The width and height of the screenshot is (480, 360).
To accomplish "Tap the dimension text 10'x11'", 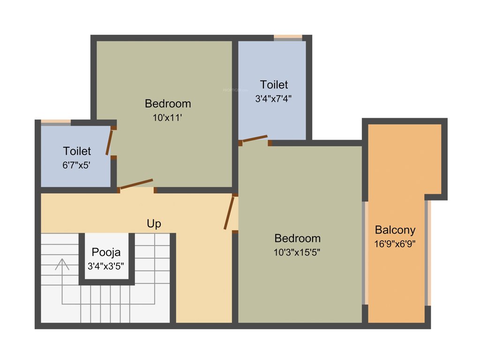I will [167, 118].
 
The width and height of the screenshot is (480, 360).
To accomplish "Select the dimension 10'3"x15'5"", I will [297, 252].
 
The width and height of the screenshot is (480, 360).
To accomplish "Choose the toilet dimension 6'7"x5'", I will [77, 165].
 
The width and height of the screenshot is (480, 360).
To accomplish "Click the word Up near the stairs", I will [154, 224].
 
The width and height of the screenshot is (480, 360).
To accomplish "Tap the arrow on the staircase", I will [62, 264].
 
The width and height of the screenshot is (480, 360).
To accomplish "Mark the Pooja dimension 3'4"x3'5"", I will [106, 265].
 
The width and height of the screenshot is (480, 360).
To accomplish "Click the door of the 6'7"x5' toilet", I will [110, 142].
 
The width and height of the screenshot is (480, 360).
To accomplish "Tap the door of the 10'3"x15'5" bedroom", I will [229, 213].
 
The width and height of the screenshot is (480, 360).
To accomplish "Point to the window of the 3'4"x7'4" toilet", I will [288, 37].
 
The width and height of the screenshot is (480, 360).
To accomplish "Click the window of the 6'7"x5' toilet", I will [55, 122].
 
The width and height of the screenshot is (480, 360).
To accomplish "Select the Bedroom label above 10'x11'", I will [167, 103].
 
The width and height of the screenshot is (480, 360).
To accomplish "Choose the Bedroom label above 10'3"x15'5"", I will [297, 238].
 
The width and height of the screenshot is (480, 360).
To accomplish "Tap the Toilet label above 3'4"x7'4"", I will [274, 84].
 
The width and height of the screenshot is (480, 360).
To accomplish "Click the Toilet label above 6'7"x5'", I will [77, 151].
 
